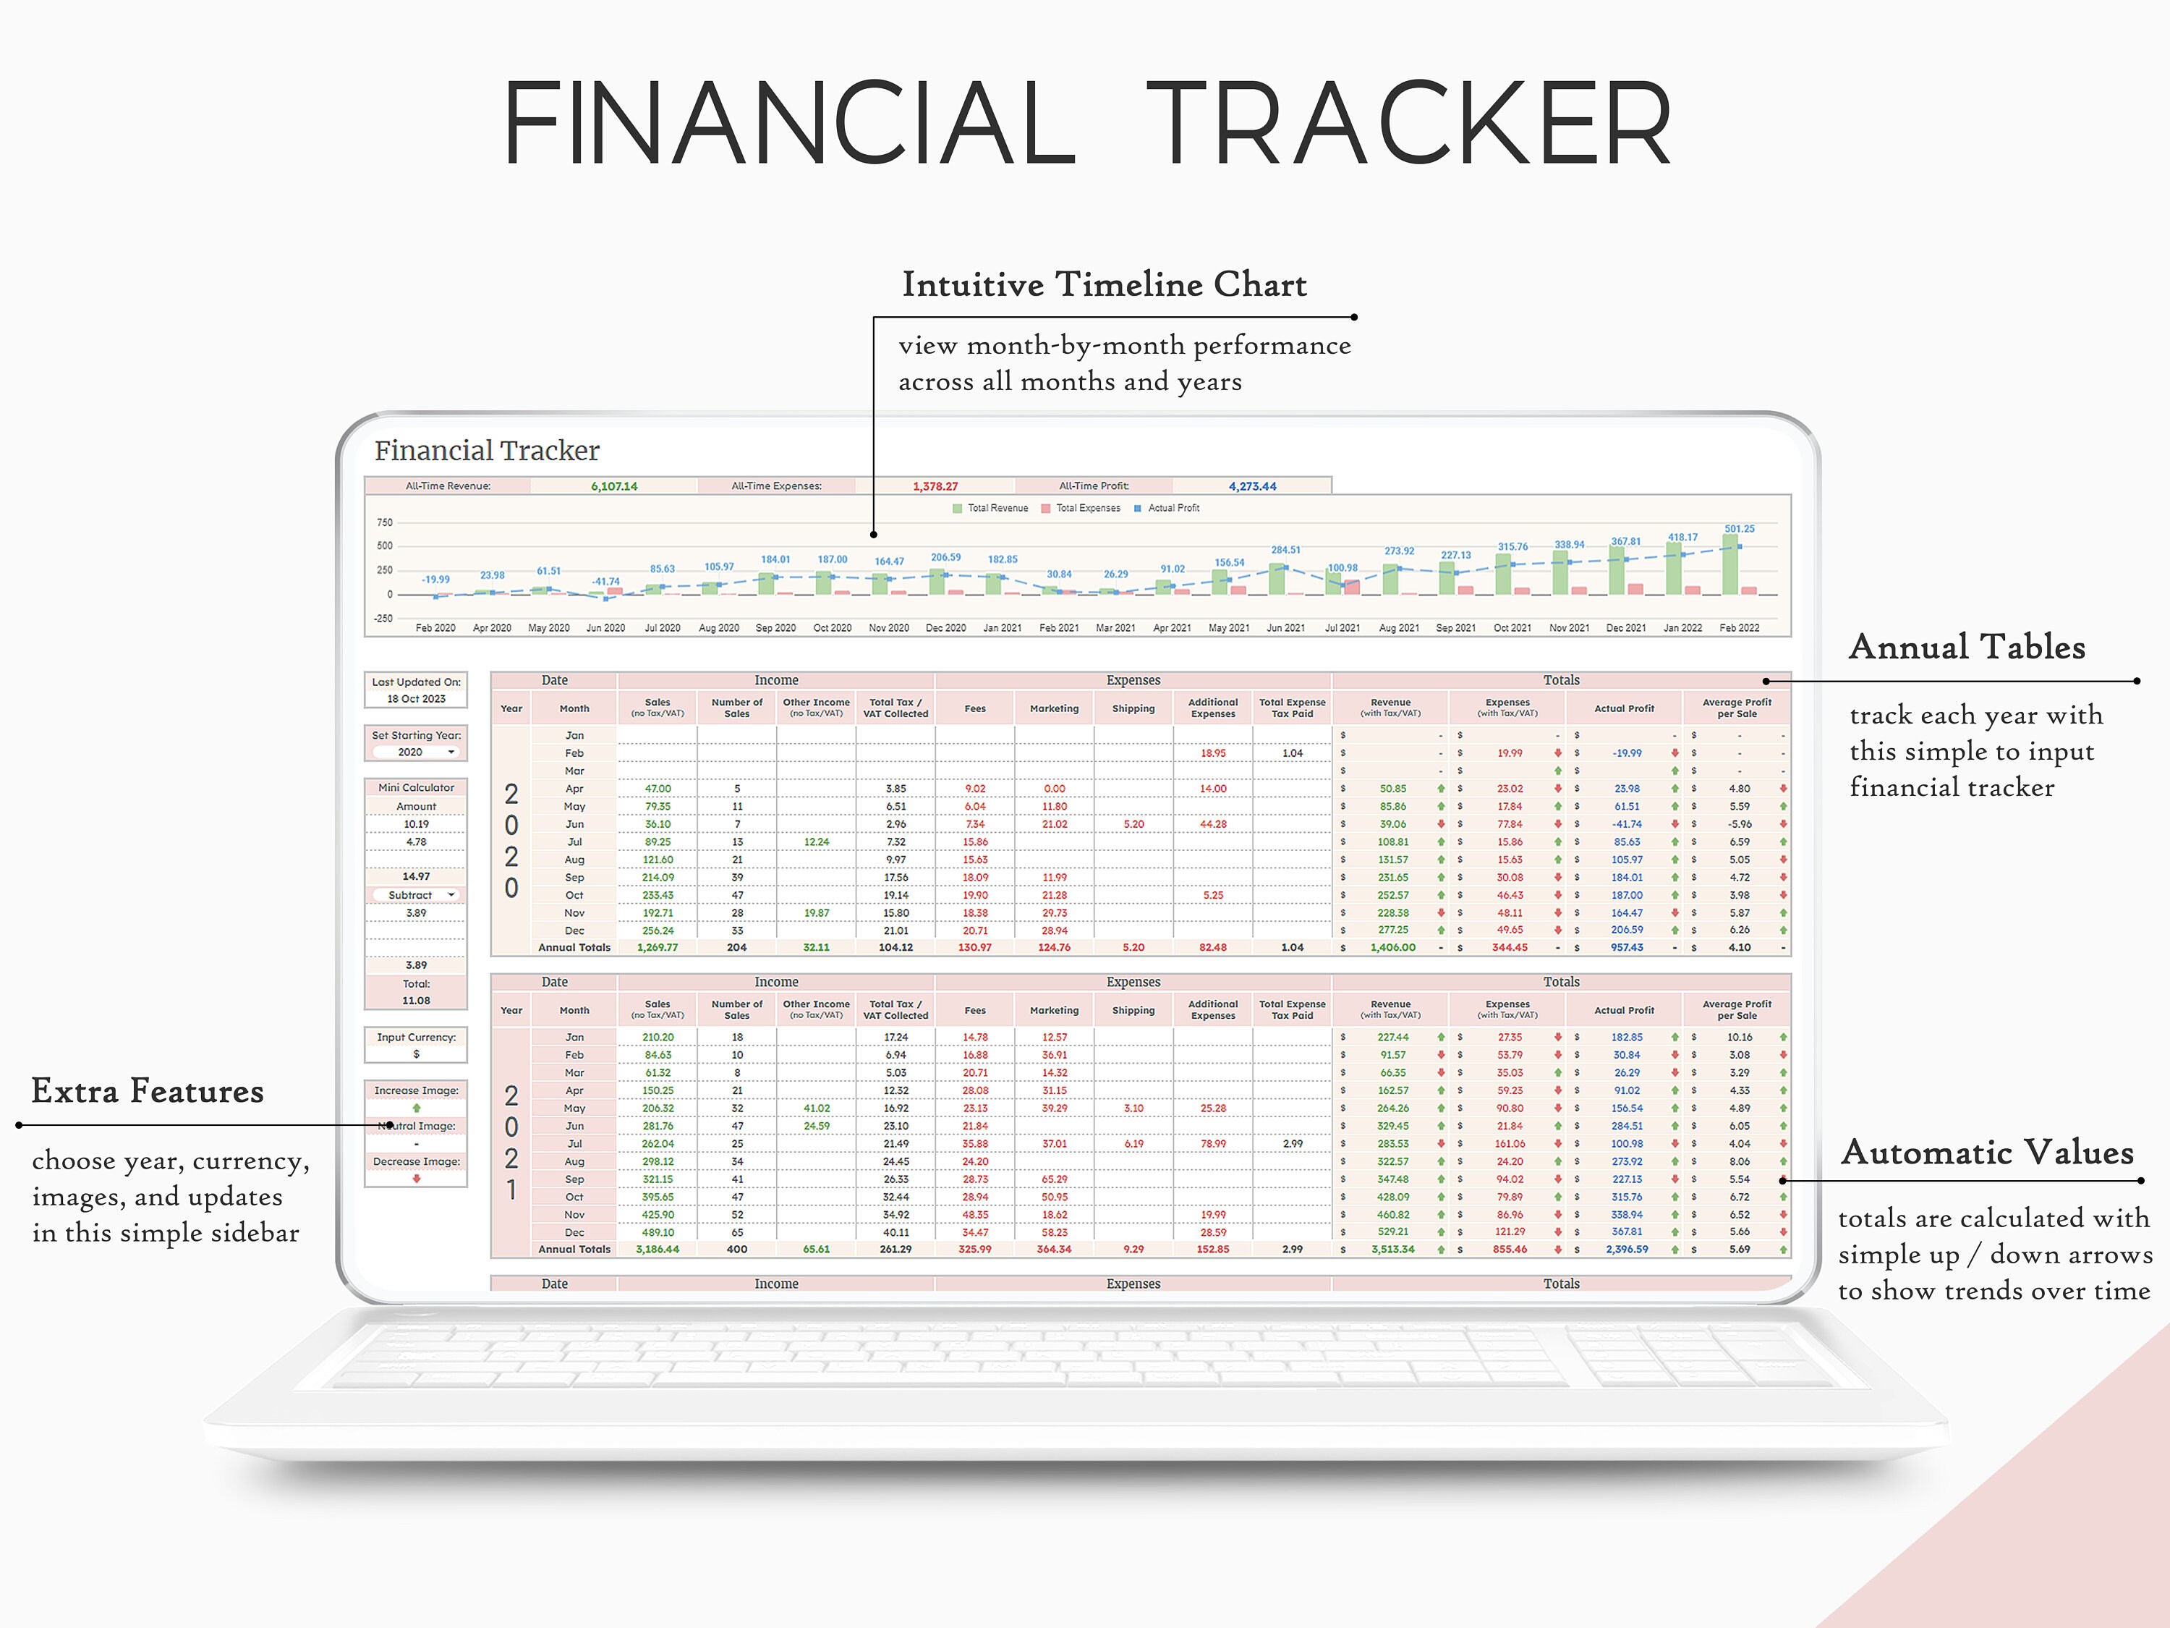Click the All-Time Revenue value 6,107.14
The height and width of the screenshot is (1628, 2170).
click(x=614, y=486)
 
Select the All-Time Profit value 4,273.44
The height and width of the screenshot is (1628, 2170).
click(x=1253, y=486)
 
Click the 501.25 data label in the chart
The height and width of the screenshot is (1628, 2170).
click(x=1740, y=529)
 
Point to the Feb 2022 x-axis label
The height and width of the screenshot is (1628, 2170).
click(x=1740, y=628)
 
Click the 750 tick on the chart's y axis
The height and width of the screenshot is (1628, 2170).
click(x=385, y=522)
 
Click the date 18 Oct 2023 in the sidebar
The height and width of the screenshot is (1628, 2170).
click(x=416, y=699)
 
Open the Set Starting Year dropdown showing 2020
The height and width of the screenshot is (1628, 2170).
click(x=417, y=752)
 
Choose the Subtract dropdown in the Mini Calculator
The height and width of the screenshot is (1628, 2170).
click(x=416, y=895)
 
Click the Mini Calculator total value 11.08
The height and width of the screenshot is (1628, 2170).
click(x=416, y=1001)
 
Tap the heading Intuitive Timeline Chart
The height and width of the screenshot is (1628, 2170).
click(x=1104, y=284)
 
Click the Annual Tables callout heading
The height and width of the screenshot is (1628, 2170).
click(x=1967, y=647)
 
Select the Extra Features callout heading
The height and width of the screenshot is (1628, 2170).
click(x=147, y=1091)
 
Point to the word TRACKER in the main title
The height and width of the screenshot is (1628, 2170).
click(x=1409, y=124)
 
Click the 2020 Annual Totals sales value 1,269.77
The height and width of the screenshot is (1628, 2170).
click(x=658, y=948)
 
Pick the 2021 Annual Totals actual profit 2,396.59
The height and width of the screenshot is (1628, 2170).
click(x=1627, y=1249)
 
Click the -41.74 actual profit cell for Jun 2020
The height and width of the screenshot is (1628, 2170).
click(x=1627, y=824)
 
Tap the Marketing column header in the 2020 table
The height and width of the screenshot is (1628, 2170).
click(x=1054, y=708)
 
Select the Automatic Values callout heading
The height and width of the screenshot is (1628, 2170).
click(x=1988, y=1152)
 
